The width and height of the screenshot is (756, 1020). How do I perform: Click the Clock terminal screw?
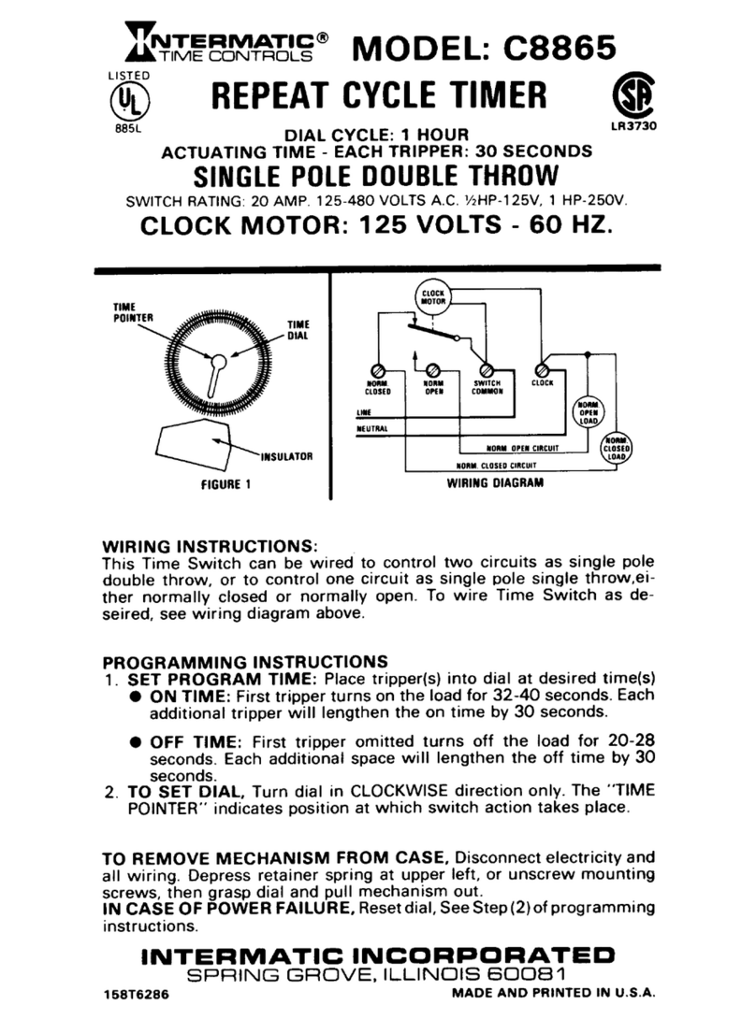[541, 368]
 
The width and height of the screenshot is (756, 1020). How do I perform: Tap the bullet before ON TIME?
[136, 697]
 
